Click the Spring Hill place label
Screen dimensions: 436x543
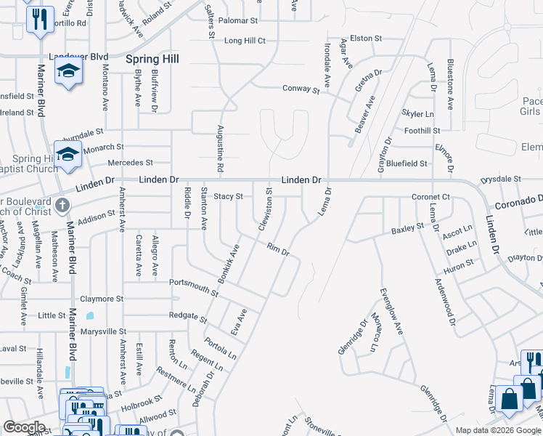(x=152, y=58)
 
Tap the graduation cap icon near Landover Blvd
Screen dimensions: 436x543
(x=69, y=71)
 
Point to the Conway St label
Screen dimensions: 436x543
(x=301, y=89)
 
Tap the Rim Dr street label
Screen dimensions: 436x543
(x=278, y=251)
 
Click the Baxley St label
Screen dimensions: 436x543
(x=407, y=229)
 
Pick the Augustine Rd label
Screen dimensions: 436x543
(x=219, y=149)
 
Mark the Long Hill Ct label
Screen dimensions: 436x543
(x=245, y=41)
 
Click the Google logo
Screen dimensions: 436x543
(x=25, y=427)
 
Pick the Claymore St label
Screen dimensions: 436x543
(x=102, y=299)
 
